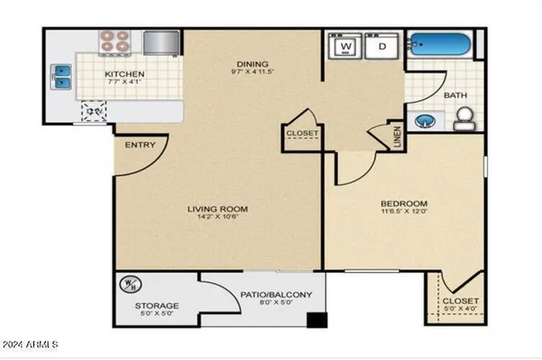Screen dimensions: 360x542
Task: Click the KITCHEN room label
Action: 124,75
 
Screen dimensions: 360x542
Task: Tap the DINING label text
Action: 252,64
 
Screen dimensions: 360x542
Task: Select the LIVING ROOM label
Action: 218,208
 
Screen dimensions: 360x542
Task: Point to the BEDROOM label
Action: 403,204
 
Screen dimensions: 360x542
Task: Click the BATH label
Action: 455,96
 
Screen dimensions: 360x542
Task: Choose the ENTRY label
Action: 140,145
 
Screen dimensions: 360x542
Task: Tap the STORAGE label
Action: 157,305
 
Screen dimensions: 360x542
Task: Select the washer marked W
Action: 346,46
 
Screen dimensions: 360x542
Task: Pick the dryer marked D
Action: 383,46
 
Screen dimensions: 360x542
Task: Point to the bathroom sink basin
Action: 425,121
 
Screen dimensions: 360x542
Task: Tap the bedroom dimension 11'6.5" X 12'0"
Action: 403,214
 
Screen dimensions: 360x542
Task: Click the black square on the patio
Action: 317,321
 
